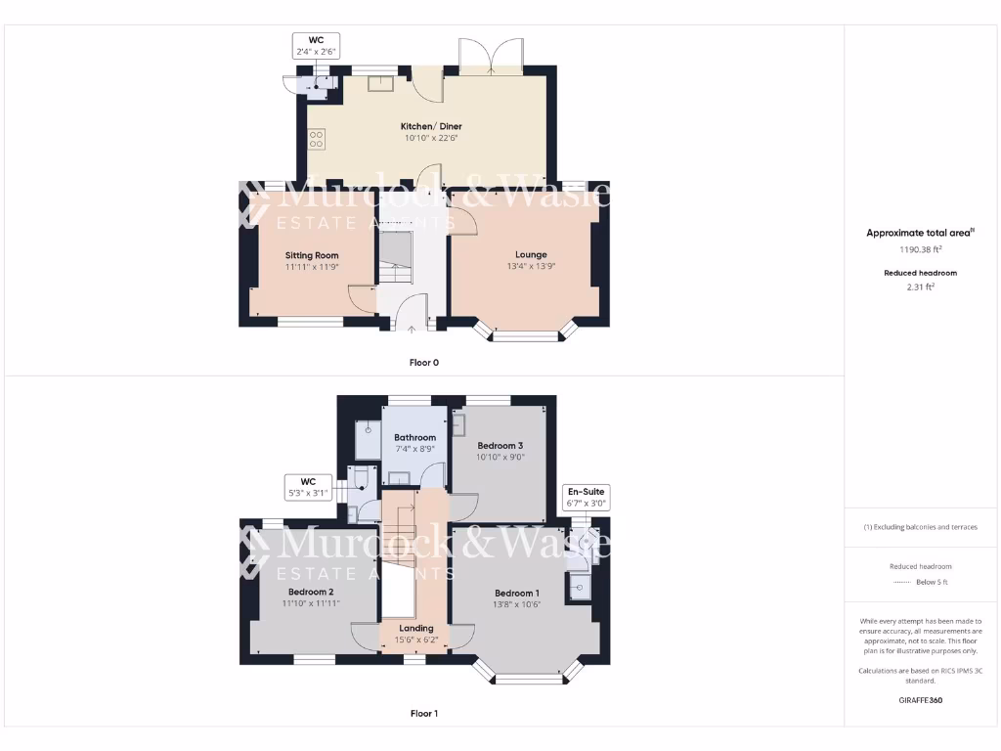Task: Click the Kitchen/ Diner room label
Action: coord(431,126)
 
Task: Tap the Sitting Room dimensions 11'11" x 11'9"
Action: coord(312,267)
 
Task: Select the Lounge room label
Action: coord(531,254)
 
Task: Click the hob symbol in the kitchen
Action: coord(316,139)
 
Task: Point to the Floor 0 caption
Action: coord(423,363)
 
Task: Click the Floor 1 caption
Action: coord(423,714)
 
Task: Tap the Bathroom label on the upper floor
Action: coord(414,437)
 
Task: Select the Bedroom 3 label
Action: coord(506,445)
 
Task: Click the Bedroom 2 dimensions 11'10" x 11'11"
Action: coord(311,603)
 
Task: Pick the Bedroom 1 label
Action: coord(516,593)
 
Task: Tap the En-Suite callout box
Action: coord(587,498)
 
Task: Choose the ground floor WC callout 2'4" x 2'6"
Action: coord(316,45)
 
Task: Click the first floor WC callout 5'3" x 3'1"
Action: coord(308,487)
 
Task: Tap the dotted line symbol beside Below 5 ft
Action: coord(901,582)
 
